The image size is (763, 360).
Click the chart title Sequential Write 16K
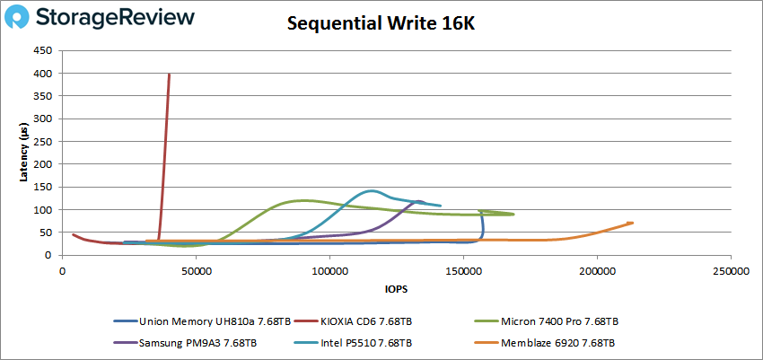(x=381, y=23)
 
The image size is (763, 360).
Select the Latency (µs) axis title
(x=24, y=153)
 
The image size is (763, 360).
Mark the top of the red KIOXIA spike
(x=170, y=75)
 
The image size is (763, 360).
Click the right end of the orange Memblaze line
(x=632, y=223)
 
